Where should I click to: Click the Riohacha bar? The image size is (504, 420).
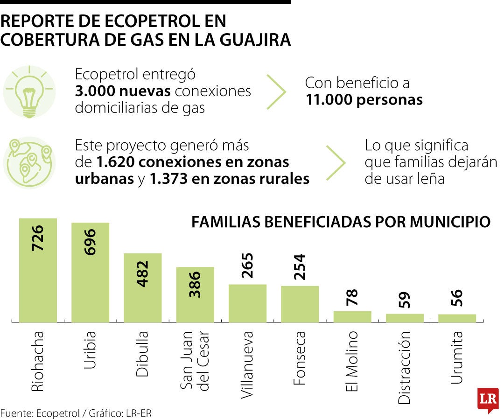click(38, 271)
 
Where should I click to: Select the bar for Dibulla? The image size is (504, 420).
click(142, 288)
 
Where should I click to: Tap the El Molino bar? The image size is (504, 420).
click(352, 317)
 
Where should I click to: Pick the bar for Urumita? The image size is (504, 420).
click(457, 318)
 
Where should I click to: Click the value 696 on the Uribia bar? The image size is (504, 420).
click(90, 242)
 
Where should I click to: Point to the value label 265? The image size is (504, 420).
click(247, 266)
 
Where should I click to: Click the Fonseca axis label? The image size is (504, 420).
click(300, 357)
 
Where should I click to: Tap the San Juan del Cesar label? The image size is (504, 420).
click(195, 360)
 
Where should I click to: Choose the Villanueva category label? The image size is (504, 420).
click(247, 364)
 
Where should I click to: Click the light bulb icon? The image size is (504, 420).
click(29, 91)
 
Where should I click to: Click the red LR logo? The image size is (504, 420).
click(488, 400)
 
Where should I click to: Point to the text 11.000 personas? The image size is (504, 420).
click(364, 100)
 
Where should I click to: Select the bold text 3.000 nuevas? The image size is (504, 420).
click(123, 91)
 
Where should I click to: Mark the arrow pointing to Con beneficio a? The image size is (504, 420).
click(276, 91)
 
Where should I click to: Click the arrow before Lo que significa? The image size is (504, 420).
click(336, 163)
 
